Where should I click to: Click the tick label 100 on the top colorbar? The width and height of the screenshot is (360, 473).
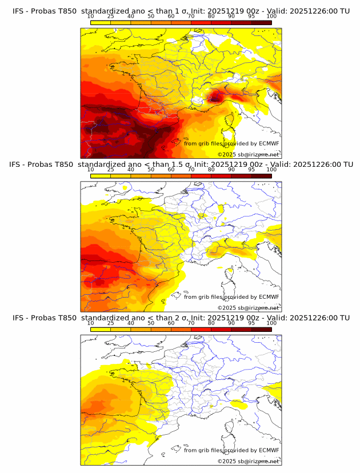271,16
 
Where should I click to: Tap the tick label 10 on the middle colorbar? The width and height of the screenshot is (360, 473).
90,170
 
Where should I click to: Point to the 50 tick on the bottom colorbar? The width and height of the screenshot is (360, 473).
151,323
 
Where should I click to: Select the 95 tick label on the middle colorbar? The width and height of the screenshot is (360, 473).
251,170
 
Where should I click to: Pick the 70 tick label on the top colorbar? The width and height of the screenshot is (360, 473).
191,16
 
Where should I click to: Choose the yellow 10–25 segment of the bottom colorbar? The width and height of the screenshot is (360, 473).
100,329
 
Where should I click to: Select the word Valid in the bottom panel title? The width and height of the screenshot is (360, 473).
279,318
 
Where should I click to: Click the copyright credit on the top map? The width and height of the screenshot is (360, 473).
249,155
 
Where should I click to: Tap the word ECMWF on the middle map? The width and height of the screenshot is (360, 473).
269,297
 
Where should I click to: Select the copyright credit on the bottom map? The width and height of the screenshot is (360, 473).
249,461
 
